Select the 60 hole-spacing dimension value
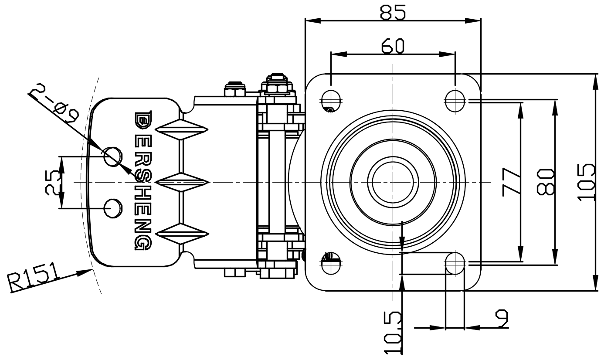coord(393,46)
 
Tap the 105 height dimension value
coord(587,182)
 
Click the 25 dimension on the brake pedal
coord(53,182)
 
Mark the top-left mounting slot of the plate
coord(331,101)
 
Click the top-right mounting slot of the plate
coord(455,101)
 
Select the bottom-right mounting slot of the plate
coord(455,263)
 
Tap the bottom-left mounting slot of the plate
coord(331,263)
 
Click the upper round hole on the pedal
coord(112,156)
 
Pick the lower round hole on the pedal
coord(113,208)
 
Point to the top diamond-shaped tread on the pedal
coord(180,129)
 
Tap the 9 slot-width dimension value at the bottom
coord(502,318)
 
